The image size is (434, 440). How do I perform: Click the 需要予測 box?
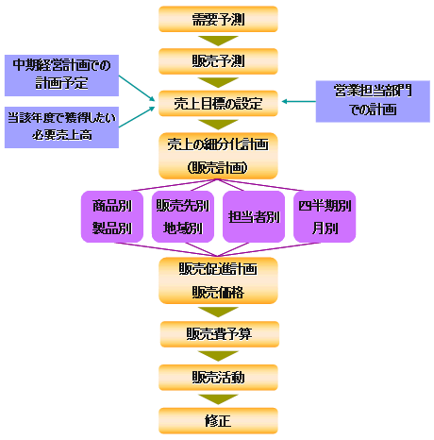tap(218, 19)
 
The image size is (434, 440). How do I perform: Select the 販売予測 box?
tap(218, 61)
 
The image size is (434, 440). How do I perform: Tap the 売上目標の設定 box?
tap(218, 103)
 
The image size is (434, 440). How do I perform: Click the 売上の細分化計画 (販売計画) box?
tap(218, 156)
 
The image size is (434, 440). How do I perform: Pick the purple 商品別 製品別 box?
tap(112, 216)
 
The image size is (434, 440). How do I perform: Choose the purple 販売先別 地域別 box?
tap(183, 216)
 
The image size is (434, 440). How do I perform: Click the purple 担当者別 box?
tap(254, 216)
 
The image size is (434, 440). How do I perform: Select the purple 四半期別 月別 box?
tap(325, 216)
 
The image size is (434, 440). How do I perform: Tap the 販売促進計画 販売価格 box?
tap(218, 280)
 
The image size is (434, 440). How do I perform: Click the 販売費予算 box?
tap(220, 334)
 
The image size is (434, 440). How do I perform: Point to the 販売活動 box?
tap(218, 378)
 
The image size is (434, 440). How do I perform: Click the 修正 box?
tap(218, 421)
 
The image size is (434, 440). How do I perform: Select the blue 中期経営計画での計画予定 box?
tap(61, 76)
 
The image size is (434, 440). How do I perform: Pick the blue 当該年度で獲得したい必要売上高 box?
tap(61, 127)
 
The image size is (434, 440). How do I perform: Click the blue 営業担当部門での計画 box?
tap(373, 101)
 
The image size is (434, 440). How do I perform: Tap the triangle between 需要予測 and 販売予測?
tap(218, 40)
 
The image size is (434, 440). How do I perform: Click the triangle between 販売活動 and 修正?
tap(218, 398)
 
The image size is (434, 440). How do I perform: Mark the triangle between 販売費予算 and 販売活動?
tap(218, 355)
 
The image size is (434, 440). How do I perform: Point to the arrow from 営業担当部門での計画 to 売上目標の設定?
tap(299, 101)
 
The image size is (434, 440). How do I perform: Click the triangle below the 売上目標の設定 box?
tap(218, 124)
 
